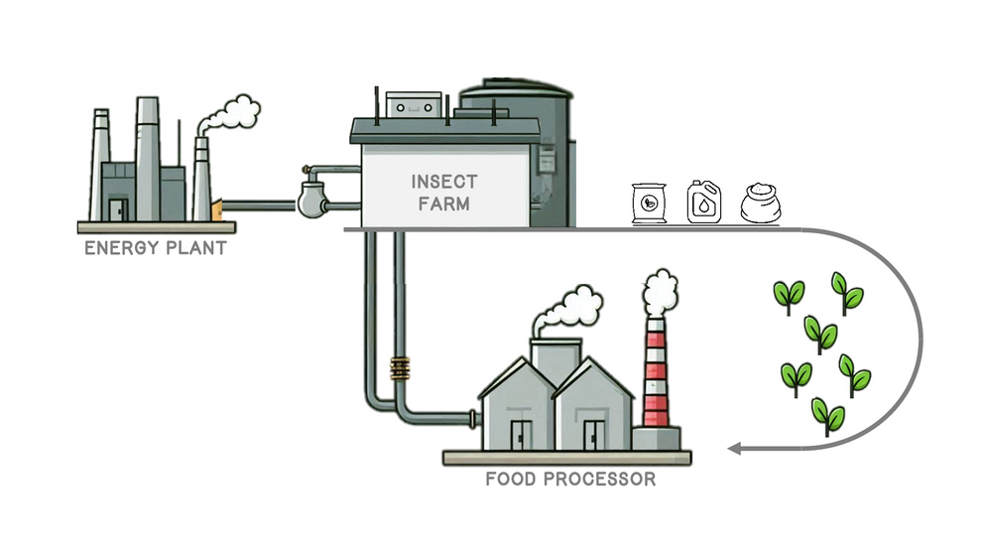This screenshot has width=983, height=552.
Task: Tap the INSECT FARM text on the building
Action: click(x=443, y=194)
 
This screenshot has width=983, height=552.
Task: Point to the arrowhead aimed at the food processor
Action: click(x=735, y=449)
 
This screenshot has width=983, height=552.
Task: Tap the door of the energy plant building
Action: click(x=118, y=208)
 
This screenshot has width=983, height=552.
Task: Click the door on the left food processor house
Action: click(x=520, y=434)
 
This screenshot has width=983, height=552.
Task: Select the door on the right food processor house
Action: click(x=593, y=434)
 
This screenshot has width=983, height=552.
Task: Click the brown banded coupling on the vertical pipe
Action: click(x=400, y=369)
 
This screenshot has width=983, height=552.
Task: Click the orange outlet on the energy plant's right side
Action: click(x=216, y=208)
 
